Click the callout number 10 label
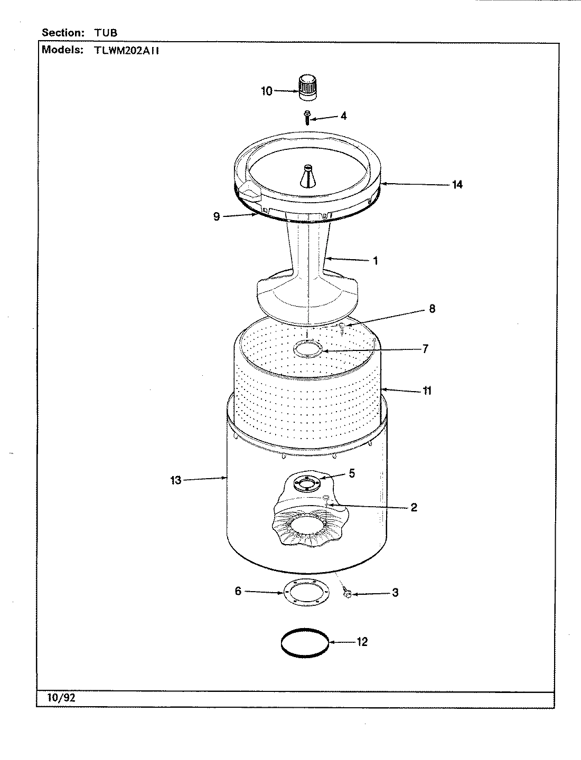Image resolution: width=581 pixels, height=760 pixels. click(267, 91)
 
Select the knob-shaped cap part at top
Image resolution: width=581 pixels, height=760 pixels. click(306, 87)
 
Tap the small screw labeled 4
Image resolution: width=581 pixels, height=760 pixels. click(306, 116)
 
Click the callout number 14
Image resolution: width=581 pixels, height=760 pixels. click(457, 184)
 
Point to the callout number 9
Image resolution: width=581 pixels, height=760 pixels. click(217, 216)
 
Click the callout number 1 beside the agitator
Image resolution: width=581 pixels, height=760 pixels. click(376, 261)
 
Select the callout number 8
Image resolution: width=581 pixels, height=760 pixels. click(432, 309)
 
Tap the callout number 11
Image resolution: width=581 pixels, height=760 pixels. click(427, 391)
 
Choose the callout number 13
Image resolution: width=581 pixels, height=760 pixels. click(175, 480)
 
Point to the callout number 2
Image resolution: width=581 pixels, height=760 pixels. click(414, 507)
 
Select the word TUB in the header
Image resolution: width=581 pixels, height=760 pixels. click(106, 33)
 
